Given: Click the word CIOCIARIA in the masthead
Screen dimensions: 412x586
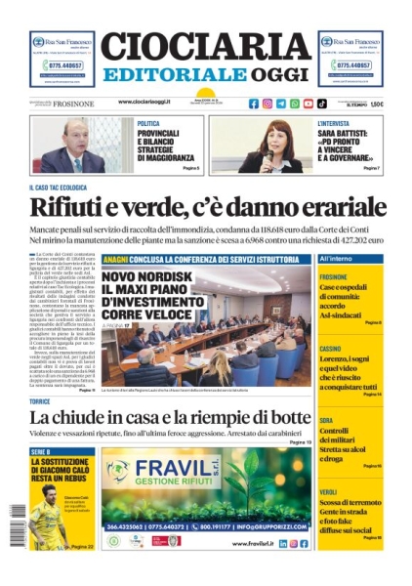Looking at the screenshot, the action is click(205, 47).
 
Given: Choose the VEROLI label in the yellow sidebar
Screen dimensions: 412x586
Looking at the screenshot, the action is click(327, 491).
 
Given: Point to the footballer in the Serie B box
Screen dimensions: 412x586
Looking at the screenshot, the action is click(47, 527).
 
